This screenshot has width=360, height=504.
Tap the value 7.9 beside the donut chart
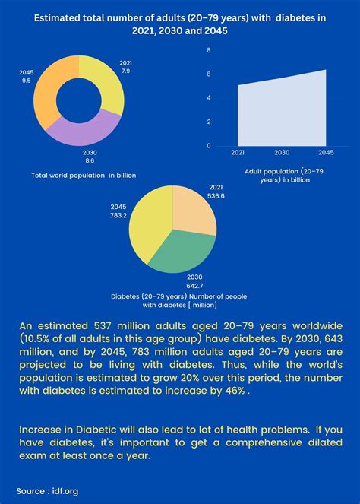tap(125, 71)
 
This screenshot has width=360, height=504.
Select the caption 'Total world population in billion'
tap(84, 176)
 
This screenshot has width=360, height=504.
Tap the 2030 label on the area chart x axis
tap(280, 152)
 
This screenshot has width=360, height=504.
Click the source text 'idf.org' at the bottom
tap(62, 490)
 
